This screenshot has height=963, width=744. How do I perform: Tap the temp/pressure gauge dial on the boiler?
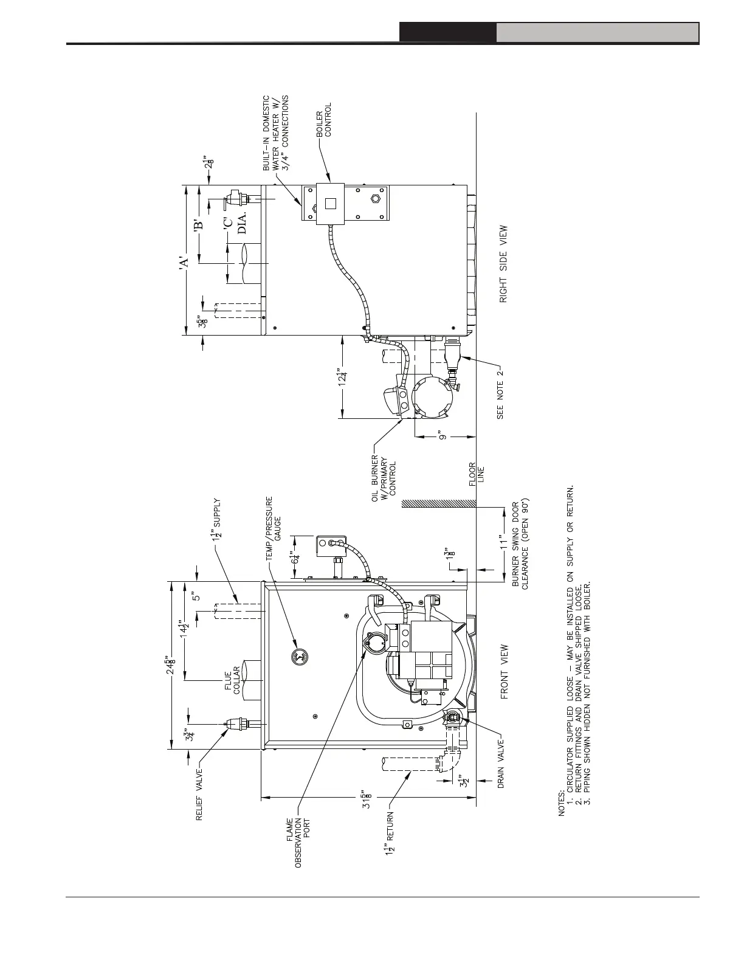pos(299,657)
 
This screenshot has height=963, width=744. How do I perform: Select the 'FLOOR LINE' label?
pos(477,473)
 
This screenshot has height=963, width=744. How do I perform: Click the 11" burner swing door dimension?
pos(502,541)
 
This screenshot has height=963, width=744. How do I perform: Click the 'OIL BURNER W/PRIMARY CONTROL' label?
pos(384,478)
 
